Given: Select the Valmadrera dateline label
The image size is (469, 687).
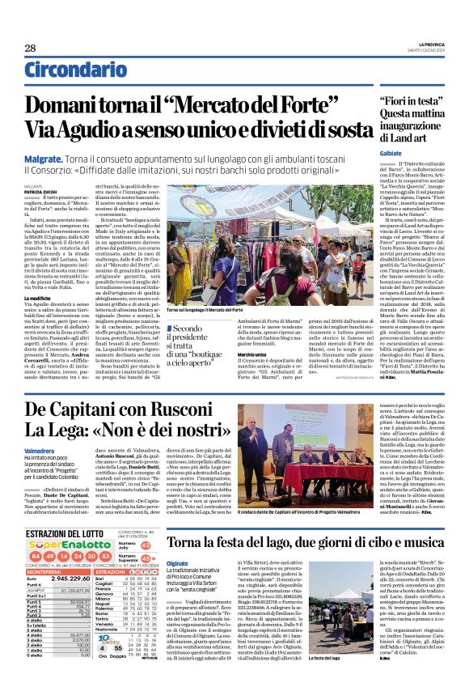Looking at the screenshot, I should (40, 449).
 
